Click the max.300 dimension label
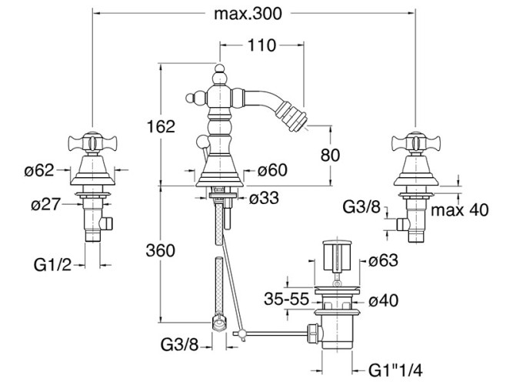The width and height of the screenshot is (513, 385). (248, 14)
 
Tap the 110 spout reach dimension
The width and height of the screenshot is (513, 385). (261, 45)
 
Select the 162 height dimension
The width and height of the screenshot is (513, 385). (161, 126)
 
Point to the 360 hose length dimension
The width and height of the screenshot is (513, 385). (160, 251)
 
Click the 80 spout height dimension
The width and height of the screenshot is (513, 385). (330, 155)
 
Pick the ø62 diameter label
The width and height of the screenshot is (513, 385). (39, 170)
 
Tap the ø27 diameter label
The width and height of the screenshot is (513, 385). (46, 205)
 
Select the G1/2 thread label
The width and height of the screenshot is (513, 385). (52, 265)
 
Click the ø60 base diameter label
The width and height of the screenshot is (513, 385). (272, 170)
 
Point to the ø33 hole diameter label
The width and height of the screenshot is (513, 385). (264, 198)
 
